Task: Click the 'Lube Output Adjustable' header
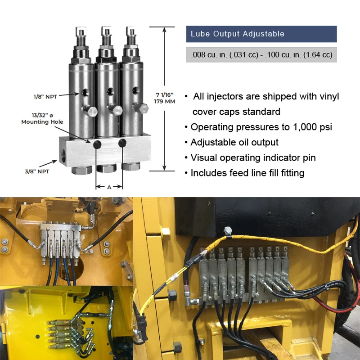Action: [x=237, y=34]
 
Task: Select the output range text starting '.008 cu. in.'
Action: [x=261, y=55]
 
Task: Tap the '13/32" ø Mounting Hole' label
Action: [x=42, y=119]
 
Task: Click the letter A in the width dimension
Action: [x=109, y=187]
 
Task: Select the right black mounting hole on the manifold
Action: [x=122, y=143]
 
